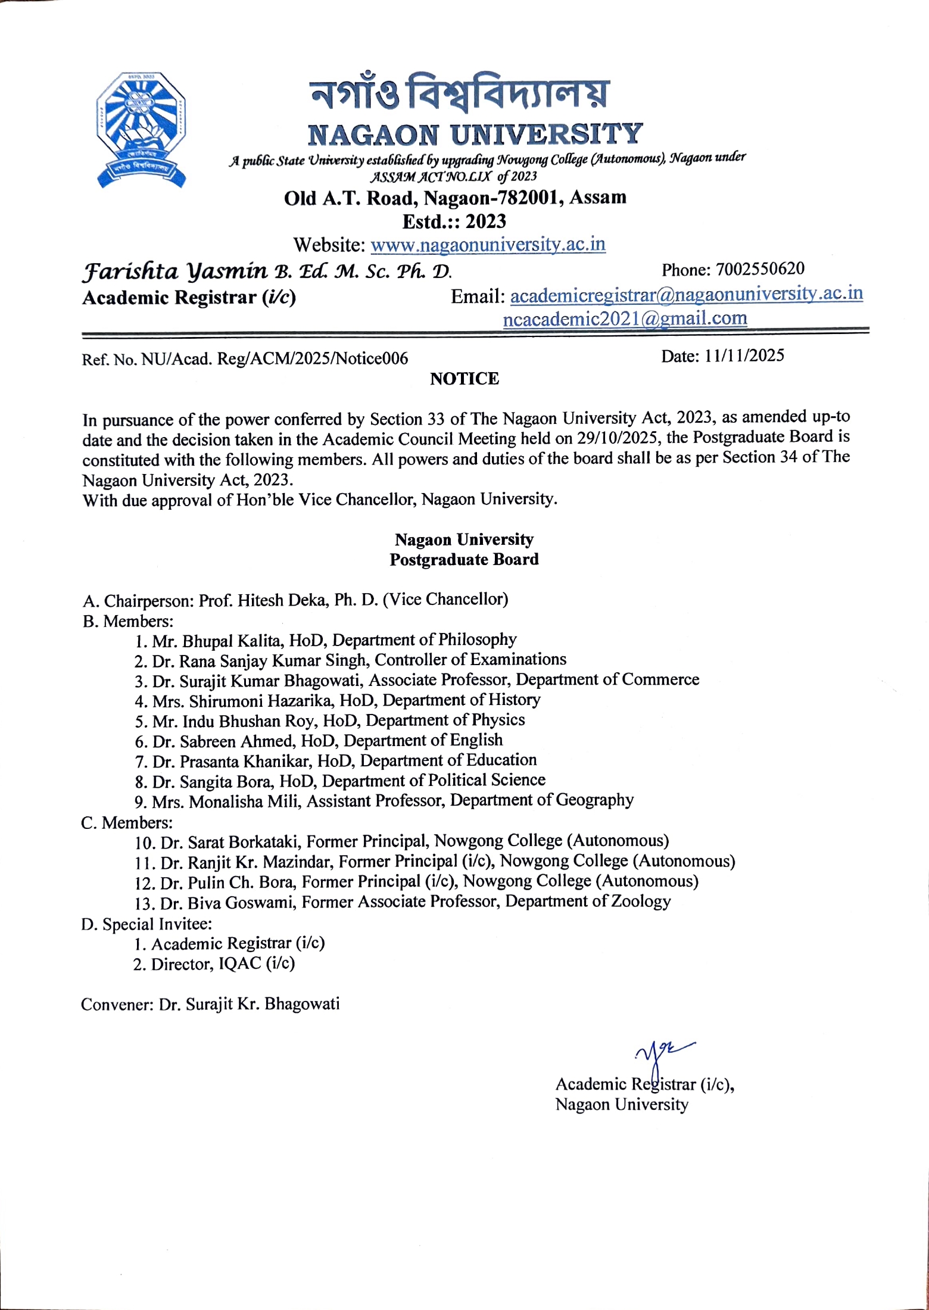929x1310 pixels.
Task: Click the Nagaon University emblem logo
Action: click(x=141, y=130)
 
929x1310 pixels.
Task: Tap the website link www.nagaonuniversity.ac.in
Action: click(x=488, y=245)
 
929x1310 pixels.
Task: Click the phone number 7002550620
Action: click(x=760, y=269)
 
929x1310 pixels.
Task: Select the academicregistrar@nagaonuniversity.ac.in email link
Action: click(x=686, y=294)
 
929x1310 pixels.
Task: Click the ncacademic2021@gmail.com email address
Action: click(x=625, y=319)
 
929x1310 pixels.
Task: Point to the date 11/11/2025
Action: click(x=744, y=355)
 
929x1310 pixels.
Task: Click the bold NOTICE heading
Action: click(x=464, y=379)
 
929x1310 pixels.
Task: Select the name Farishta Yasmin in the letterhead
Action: click(x=174, y=272)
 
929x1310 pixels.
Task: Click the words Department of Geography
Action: click(x=541, y=800)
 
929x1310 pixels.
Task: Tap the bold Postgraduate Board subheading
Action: click(x=464, y=560)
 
